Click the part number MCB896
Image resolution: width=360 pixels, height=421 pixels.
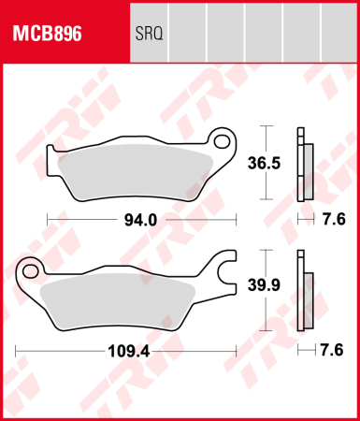tap(47, 36)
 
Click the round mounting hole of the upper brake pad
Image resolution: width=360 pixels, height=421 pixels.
tap(223, 142)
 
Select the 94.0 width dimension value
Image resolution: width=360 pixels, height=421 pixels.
tap(140, 220)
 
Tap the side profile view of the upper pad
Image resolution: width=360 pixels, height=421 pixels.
tap(303, 163)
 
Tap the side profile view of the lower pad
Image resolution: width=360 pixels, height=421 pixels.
tap(303, 290)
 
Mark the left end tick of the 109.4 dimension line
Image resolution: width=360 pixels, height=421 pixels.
tap(17, 352)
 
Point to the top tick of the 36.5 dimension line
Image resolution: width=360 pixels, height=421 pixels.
tap(269, 125)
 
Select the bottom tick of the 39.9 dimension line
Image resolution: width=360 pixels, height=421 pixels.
tap(269, 330)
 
